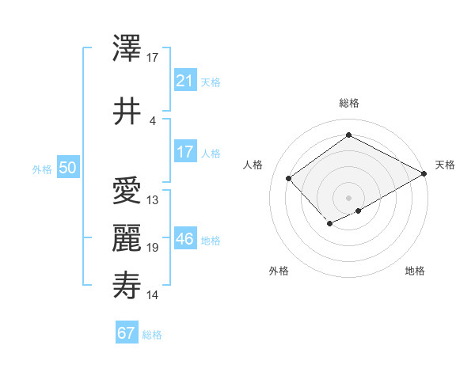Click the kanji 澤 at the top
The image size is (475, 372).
127,51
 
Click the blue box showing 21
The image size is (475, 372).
184,81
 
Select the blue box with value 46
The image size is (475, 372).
184,239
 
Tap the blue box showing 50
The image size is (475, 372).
67,168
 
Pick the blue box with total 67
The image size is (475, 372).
126,332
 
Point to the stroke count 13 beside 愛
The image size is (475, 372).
153,199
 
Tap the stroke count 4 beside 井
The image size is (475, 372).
153,120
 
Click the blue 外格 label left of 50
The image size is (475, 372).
42,169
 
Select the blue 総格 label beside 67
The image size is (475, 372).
152,334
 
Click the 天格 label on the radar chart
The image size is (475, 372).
445,165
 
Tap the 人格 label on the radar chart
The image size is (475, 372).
253,165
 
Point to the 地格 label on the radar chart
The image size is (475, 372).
415,271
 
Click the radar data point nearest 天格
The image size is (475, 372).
425,173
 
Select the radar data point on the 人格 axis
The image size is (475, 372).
289,179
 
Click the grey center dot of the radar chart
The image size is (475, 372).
348,197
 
